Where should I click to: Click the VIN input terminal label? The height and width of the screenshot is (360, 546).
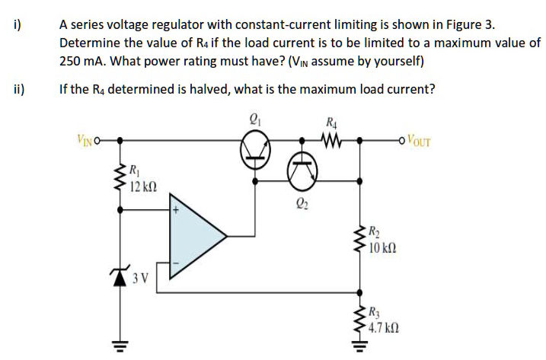(86, 139)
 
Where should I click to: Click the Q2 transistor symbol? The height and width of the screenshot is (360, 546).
(302, 175)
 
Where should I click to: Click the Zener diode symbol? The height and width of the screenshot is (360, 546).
(120, 275)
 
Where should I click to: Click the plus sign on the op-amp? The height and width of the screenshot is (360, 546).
(174, 208)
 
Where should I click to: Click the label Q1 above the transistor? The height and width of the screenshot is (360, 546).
(255, 119)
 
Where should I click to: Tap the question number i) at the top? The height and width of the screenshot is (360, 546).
(17, 24)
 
